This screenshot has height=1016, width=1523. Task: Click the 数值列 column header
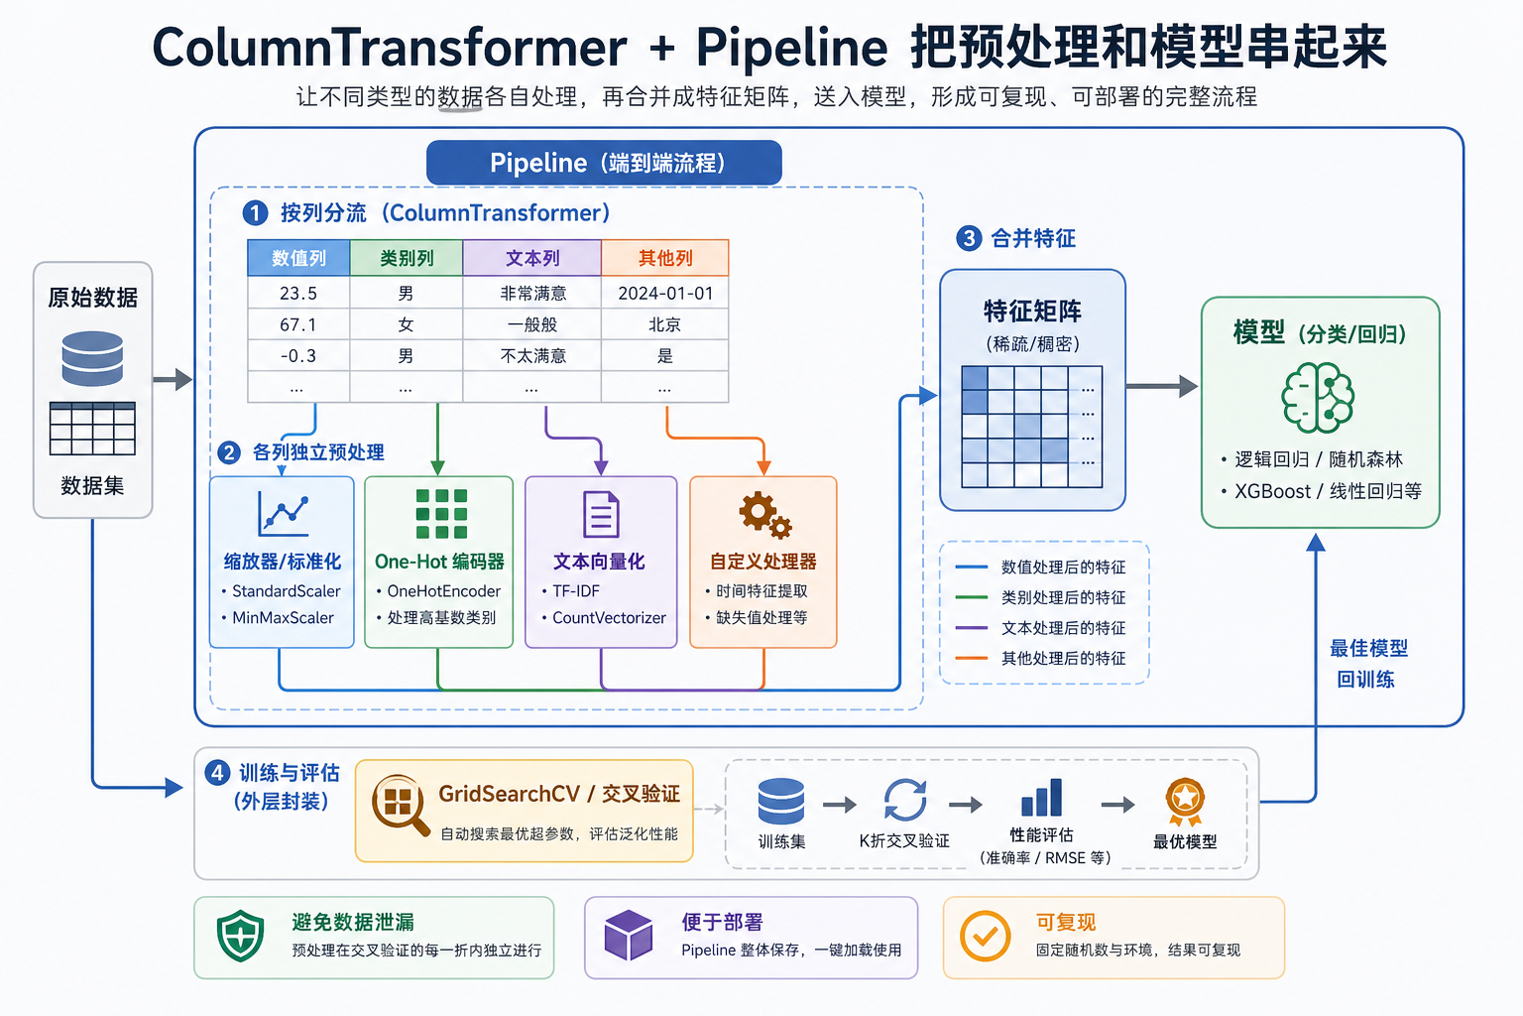[298, 258]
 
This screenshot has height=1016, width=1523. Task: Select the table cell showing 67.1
[298, 324]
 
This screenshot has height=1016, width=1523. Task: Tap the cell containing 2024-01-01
[665, 293]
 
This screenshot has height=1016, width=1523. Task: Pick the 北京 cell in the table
[664, 324]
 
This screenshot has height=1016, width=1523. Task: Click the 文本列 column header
[532, 258]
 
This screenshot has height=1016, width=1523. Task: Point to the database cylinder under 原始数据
[92, 358]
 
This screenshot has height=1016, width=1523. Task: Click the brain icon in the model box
[1318, 397]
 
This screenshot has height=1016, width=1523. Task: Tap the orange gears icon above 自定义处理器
[763, 514]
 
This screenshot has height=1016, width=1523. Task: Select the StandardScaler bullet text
[286, 591]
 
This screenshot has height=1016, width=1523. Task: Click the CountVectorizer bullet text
[609, 617]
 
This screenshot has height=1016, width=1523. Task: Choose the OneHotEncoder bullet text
[443, 591]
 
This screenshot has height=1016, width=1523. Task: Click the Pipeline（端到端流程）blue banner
[604, 163]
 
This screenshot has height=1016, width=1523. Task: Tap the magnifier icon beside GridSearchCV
[400, 804]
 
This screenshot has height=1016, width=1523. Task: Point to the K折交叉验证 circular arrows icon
[904, 800]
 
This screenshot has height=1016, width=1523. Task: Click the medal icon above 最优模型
[1185, 801]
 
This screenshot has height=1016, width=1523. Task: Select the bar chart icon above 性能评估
[1041, 799]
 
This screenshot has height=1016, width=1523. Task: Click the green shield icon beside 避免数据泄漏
[240, 936]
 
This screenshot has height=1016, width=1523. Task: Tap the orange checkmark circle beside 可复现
[985, 936]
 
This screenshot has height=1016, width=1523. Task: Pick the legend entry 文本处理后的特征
[1062, 628]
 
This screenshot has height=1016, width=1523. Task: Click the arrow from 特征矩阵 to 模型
[1162, 387]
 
